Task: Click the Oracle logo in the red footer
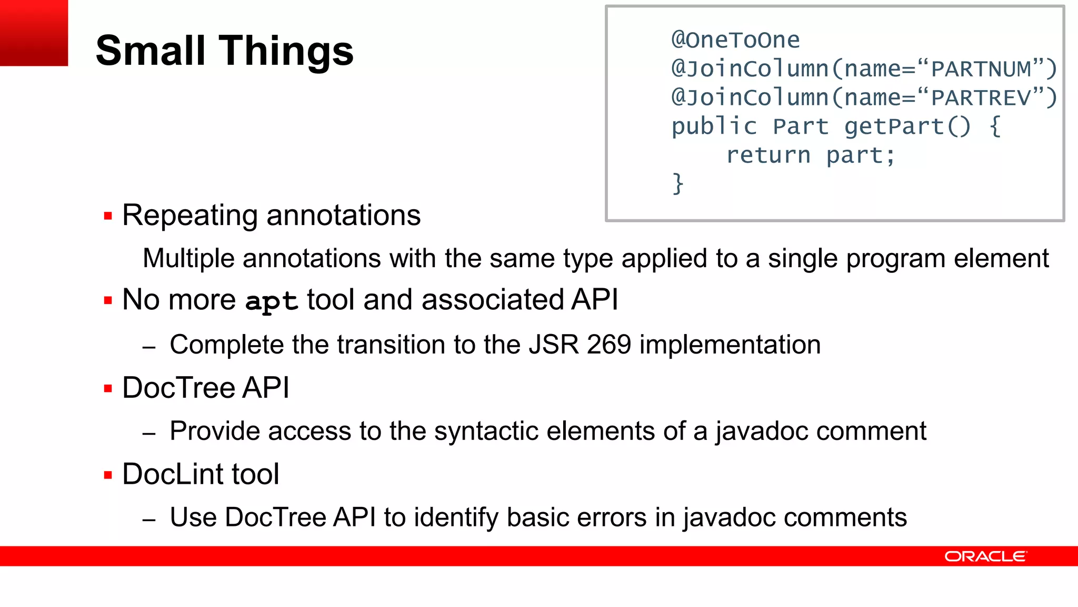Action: click(x=985, y=556)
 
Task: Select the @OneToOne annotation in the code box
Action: click(x=735, y=40)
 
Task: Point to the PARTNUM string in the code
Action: click(x=981, y=69)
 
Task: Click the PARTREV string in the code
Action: click(x=981, y=98)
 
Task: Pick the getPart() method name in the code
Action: click(x=907, y=126)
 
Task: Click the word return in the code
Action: click(x=768, y=155)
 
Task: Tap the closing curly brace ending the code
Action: click(x=678, y=184)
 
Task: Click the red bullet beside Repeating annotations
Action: click(x=108, y=216)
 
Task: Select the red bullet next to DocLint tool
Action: click(x=108, y=475)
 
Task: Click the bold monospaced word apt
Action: click(x=271, y=301)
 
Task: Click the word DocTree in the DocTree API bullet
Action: click(x=178, y=388)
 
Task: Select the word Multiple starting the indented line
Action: click(x=188, y=259)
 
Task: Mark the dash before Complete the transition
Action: click(x=149, y=347)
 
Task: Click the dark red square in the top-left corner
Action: click(x=34, y=33)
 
